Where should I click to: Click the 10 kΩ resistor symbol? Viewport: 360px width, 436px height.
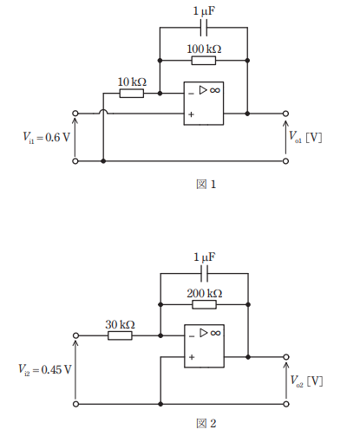132,94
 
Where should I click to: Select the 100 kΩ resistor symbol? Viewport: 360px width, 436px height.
204,61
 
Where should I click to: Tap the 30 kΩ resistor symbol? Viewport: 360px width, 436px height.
120,335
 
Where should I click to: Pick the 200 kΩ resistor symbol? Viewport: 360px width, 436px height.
204,304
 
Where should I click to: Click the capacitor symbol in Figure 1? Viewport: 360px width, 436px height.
204,28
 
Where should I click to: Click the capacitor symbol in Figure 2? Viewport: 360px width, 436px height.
204,273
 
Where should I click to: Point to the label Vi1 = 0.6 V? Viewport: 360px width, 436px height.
47,137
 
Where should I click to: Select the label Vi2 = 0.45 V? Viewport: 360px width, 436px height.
45,369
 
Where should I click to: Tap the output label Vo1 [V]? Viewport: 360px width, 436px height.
305,137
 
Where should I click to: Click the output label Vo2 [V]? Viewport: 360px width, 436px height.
306,381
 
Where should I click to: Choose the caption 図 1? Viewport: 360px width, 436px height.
206,185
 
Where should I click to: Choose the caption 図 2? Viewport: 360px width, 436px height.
206,423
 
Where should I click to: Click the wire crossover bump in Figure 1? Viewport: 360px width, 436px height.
103,111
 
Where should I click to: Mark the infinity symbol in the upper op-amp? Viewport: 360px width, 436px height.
215,90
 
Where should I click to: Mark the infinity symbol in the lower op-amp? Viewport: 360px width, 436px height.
216,333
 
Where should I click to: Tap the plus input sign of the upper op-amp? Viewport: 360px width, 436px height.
191,114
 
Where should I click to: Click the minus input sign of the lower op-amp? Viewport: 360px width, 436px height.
192,336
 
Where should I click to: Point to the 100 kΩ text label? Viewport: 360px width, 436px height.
204,49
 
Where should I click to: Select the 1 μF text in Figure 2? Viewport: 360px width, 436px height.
205,257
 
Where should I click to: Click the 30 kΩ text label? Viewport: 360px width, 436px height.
120,324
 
